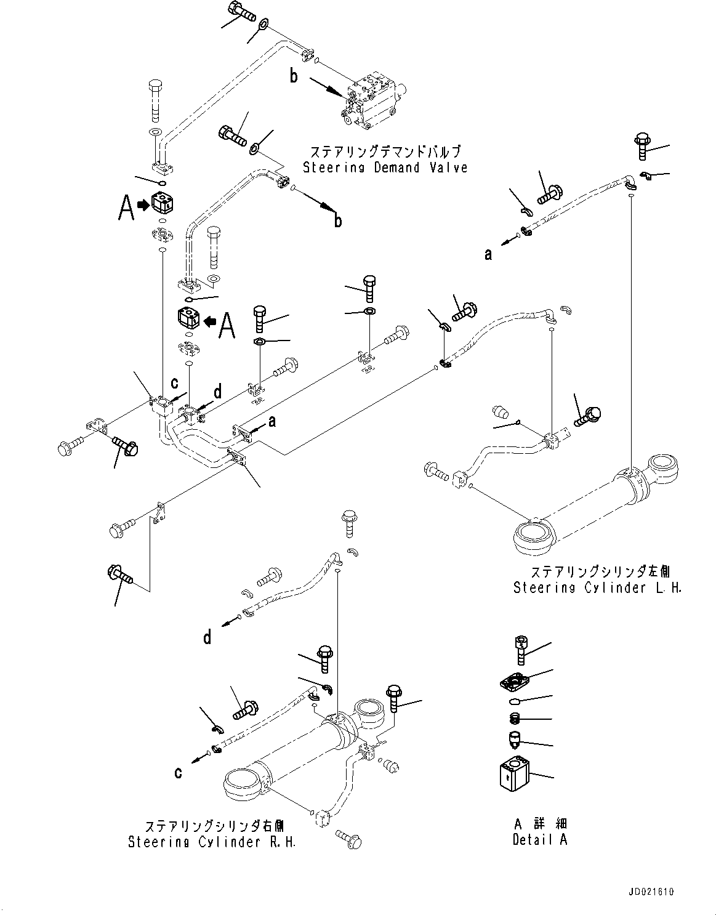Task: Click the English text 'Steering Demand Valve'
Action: click(x=385, y=167)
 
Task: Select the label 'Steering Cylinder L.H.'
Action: click(x=597, y=588)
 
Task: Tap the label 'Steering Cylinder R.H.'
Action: click(x=212, y=842)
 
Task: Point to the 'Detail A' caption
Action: click(x=540, y=839)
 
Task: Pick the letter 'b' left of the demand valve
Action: click(x=294, y=76)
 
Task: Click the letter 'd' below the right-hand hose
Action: click(x=207, y=637)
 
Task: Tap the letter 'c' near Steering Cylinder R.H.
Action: click(x=178, y=772)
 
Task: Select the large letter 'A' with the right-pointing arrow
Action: click(x=126, y=208)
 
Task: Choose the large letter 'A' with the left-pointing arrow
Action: click(x=227, y=324)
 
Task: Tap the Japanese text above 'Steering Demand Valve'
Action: click(x=385, y=151)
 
